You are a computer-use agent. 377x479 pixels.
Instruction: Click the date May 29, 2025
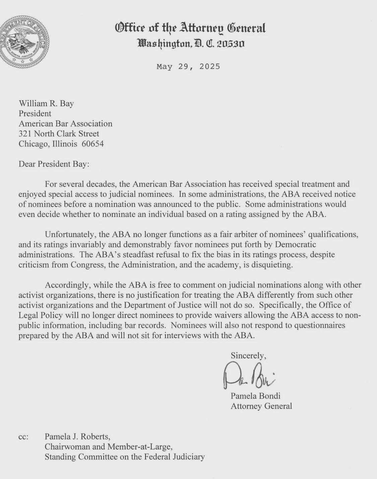click(x=188, y=66)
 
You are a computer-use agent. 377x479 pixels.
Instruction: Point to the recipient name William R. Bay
click(x=46, y=103)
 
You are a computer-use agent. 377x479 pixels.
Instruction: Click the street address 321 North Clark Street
click(x=59, y=134)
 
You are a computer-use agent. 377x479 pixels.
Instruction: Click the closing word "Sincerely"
click(x=248, y=355)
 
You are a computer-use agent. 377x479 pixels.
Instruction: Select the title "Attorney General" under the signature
click(x=261, y=406)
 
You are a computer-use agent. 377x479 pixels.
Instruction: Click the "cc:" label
click(x=23, y=437)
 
